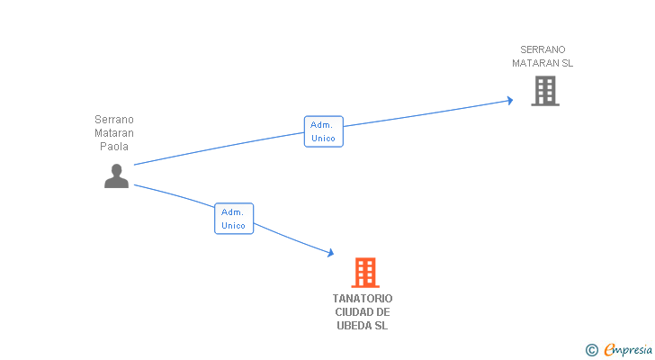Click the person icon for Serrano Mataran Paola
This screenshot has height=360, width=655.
pyautogui.click(x=116, y=175)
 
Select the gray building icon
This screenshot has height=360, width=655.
pyautogui.click(x=544, y=91)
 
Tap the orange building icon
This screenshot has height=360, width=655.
pyautogui.click(x=364, y=272)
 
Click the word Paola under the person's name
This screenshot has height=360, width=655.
pyautogui.click(x=114, y=146)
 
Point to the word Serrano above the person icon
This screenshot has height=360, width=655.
pyautogui.click(x=114, y=119)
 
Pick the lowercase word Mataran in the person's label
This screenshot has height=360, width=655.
pyautogui.click(x=114, y=132)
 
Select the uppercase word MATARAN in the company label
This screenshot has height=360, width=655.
pyautogui.click(x=535, y=63)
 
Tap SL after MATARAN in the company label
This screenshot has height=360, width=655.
pyautogui.click(x=567, y=63)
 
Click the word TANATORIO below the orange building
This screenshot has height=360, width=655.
pyautogui.click(x=363, y=299)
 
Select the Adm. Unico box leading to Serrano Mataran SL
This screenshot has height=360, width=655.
pyautogui.click(x=323, y=131)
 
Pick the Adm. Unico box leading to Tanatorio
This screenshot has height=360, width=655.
pyautogui.click(x=234, y=219)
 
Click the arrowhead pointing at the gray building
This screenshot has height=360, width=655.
pyautogui.click(x=509, y=100)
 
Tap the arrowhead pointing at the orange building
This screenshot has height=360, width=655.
pyautogui.click(x=330, y=255)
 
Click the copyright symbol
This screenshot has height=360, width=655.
pyautogui.click(x=591, y=350)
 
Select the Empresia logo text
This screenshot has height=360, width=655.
pyautogui.click(x=627, y=350)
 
